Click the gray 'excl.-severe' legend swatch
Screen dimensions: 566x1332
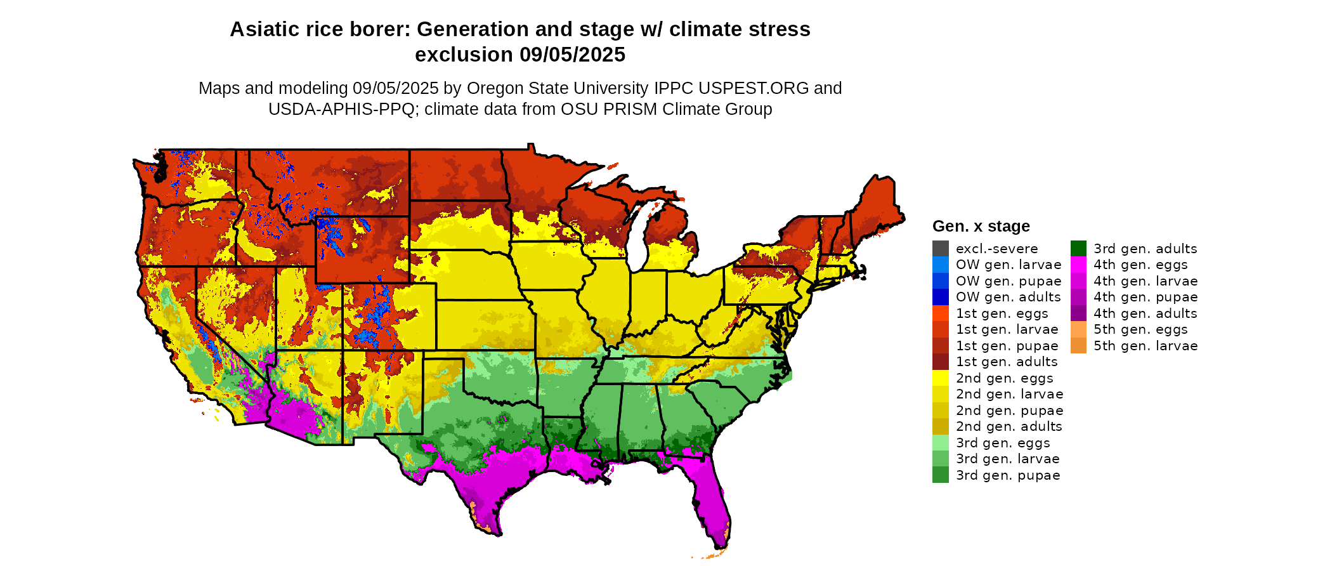pyautogui.click(x=940, y=249)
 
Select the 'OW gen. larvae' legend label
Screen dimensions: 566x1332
pyautogui.click(x=1009, y=265)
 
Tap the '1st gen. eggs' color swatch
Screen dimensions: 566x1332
pyautogui.click(x=940, y=313)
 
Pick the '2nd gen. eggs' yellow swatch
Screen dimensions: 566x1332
pyautogui.click(x=940, y=378)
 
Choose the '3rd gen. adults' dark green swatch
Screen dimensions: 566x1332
pyautogui.click(x=1078, y=249)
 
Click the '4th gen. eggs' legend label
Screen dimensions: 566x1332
pyautogui.click(x=1140, y=265)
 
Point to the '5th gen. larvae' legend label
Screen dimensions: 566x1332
pyautogui.click(x=1146, y=346)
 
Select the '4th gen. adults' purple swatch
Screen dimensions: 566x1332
pyautogui.click(x=1078, y=313)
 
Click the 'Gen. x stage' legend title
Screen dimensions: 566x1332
pyautogui.click(x=981, y=226)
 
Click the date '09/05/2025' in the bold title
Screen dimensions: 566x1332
pyautogui.click(x=572, y=55)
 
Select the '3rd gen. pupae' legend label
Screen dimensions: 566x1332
pyautogui.click(x=1008, y=475)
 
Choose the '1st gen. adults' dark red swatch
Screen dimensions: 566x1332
pyautogui.click(x=940, y=362)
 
